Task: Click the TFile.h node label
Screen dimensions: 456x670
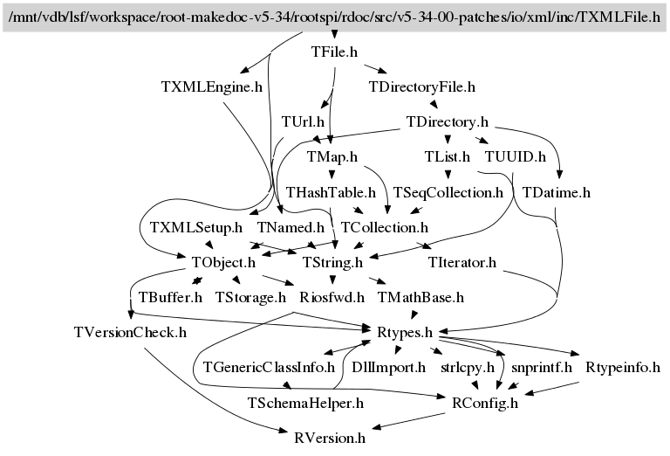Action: [x=335, y=52]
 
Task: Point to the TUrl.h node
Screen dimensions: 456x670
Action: [x=303, y=121]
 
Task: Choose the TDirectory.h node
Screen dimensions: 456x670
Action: [x=447, y=121]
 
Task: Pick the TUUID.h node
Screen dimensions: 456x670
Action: [x=515, y=156]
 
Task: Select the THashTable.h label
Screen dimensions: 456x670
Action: [x=331, y=191]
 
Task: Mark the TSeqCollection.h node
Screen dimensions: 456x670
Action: [x=448, y=191]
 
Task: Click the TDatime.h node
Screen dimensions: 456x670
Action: [x=557, y=191]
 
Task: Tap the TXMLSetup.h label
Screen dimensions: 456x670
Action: [x=195, y=226]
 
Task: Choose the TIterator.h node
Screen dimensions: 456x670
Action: [x=462, y=261]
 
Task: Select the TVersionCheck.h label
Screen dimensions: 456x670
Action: [x=130, y=332]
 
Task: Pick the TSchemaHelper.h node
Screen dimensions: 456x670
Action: [x=305, y=403]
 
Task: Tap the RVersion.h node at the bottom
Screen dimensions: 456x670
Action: [x=330, y=438]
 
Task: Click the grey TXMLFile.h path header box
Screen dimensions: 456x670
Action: [x=334, y=17]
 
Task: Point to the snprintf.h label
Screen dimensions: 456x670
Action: [x=542, y=367]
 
